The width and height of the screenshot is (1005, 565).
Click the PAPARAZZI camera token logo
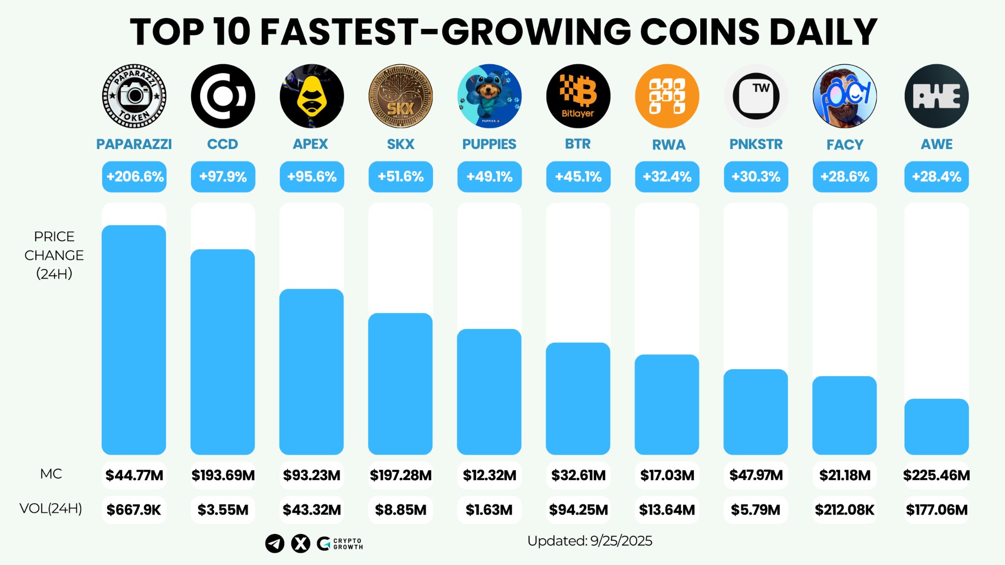(x=134, y=96)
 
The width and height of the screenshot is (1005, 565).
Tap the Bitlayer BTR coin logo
(x=578, y=96)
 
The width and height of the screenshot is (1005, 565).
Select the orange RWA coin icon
(x=667, y=96)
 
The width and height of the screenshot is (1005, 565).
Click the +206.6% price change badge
(x=134, y=177)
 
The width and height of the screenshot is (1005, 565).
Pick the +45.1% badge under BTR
(x=578, y=177)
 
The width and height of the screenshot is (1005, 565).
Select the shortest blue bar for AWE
(x=936, y=426)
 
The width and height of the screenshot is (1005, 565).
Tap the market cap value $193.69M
(x=223, y=475)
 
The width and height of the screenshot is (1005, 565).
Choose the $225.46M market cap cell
(x=936, y=475)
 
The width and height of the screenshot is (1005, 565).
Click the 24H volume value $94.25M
(x=578, y=510)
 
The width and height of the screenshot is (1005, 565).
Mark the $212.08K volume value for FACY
(x=845, y=510)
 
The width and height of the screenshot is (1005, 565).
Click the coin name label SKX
(x=400, y=144)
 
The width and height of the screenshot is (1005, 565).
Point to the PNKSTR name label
(x=756, y=144)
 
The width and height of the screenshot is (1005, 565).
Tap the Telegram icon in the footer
(x=275, y=543)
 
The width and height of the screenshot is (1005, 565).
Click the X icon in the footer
(x=301, y=543)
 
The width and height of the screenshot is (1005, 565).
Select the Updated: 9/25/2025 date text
(x=589, y=541)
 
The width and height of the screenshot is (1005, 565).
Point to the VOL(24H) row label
(x=51, y=509)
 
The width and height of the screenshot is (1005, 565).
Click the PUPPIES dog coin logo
(x=489, y=96)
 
